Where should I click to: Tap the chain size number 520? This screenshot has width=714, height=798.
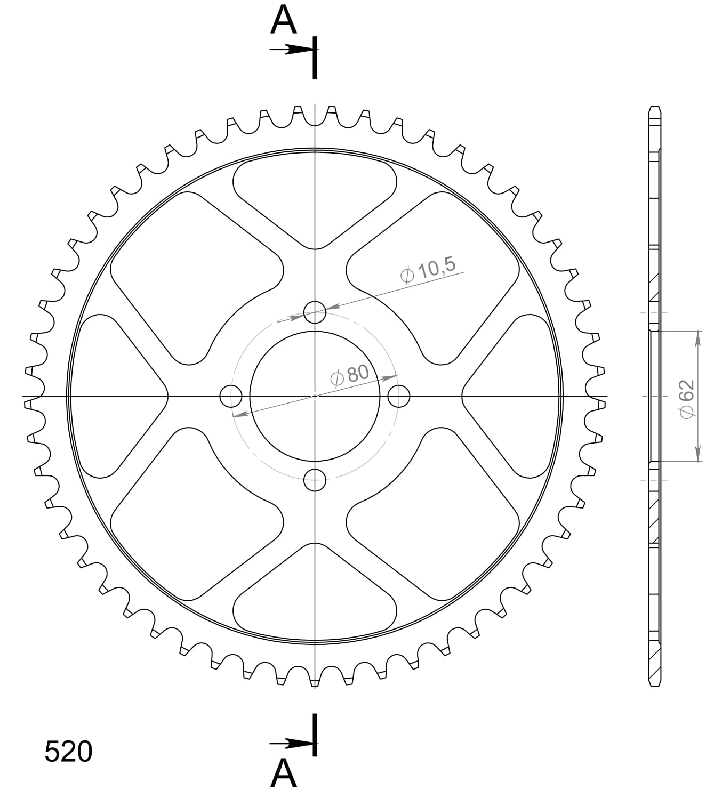[68, 752]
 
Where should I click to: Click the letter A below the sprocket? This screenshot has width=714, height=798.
[284, 773]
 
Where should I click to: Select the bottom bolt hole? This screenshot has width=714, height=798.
[315, 480]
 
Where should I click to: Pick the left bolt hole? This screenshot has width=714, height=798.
[231, 396]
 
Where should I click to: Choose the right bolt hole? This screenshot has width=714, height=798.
[398, 396]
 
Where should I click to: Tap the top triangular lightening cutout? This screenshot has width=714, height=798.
[315, 197]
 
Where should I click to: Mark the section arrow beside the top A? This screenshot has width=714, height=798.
[291, 50]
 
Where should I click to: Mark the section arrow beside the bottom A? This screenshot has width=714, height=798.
[291, 743]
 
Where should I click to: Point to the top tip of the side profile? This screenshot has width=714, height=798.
[655, 108]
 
